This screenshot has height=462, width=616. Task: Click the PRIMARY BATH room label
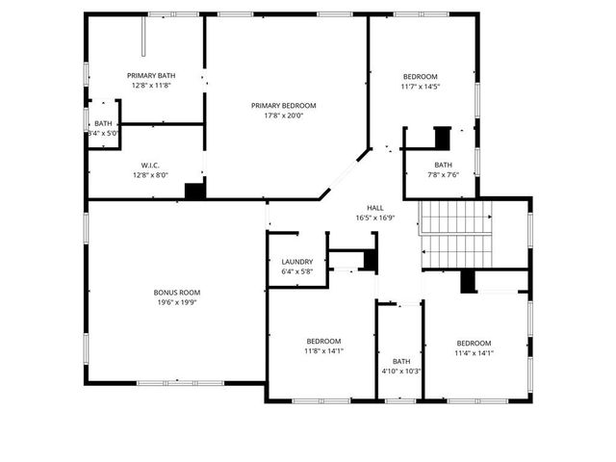pos(151,75)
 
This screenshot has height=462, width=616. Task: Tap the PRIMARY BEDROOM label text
pos(283,106)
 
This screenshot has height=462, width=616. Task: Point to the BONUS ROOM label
pos(177,292)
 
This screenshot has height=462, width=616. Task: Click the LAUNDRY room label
pos(296,262)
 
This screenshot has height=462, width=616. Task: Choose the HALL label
pos(375,208)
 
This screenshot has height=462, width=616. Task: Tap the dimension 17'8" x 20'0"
pos(283,115)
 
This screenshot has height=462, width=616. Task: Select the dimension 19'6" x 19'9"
pos(177,302)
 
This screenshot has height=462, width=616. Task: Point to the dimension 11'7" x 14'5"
pos(420,87)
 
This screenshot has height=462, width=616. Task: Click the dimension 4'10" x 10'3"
pos(400,372)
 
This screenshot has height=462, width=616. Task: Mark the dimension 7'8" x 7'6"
pos(443,174)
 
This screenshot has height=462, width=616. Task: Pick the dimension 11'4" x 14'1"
pos(474,353)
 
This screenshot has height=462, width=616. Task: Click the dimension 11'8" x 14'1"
pos(323,350)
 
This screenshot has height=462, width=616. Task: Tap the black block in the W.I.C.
pos(195,191)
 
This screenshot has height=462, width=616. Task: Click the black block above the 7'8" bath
pos(443,138)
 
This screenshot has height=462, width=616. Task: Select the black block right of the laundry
pos(370,260)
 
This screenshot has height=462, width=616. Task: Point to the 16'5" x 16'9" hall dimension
pos(375,218)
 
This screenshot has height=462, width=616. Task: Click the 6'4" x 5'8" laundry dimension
pos(296,271)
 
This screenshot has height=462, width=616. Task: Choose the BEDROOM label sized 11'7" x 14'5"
pos(420,77)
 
